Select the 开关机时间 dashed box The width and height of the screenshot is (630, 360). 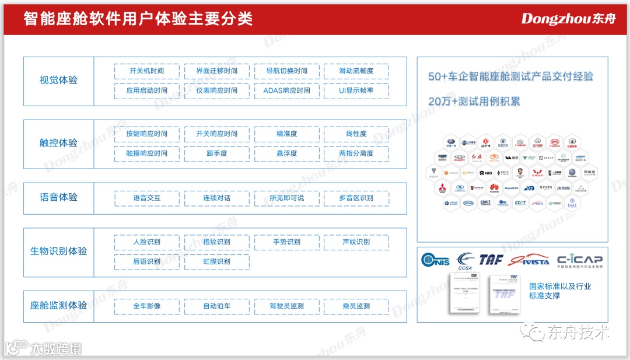[146, 71]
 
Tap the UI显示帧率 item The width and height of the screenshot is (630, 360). [356, 91]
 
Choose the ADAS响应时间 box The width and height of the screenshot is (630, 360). [286, 91]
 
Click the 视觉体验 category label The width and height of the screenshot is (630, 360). [58, 81]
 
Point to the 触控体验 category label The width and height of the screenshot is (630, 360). [58, 143]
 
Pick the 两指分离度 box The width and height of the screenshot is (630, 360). [356, 153]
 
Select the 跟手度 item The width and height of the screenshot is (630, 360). [216, 153]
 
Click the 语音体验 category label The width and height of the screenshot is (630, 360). [58, 197]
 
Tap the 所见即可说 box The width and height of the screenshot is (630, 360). [286, 198]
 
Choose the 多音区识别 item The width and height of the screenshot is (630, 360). [356, 198]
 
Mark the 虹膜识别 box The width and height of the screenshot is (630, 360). [216, 262]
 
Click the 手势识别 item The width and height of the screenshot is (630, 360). [286, 242]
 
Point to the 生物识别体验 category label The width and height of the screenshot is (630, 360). [58, 251]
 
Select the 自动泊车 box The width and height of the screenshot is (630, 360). [216, 306]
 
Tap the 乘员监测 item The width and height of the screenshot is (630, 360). [356, 306]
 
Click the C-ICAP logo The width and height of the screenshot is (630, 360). [579, 260]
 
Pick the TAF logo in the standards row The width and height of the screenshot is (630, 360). [491, 260]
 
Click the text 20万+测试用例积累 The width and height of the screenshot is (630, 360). [474, 102]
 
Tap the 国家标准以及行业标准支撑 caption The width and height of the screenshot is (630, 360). [559, 291]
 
